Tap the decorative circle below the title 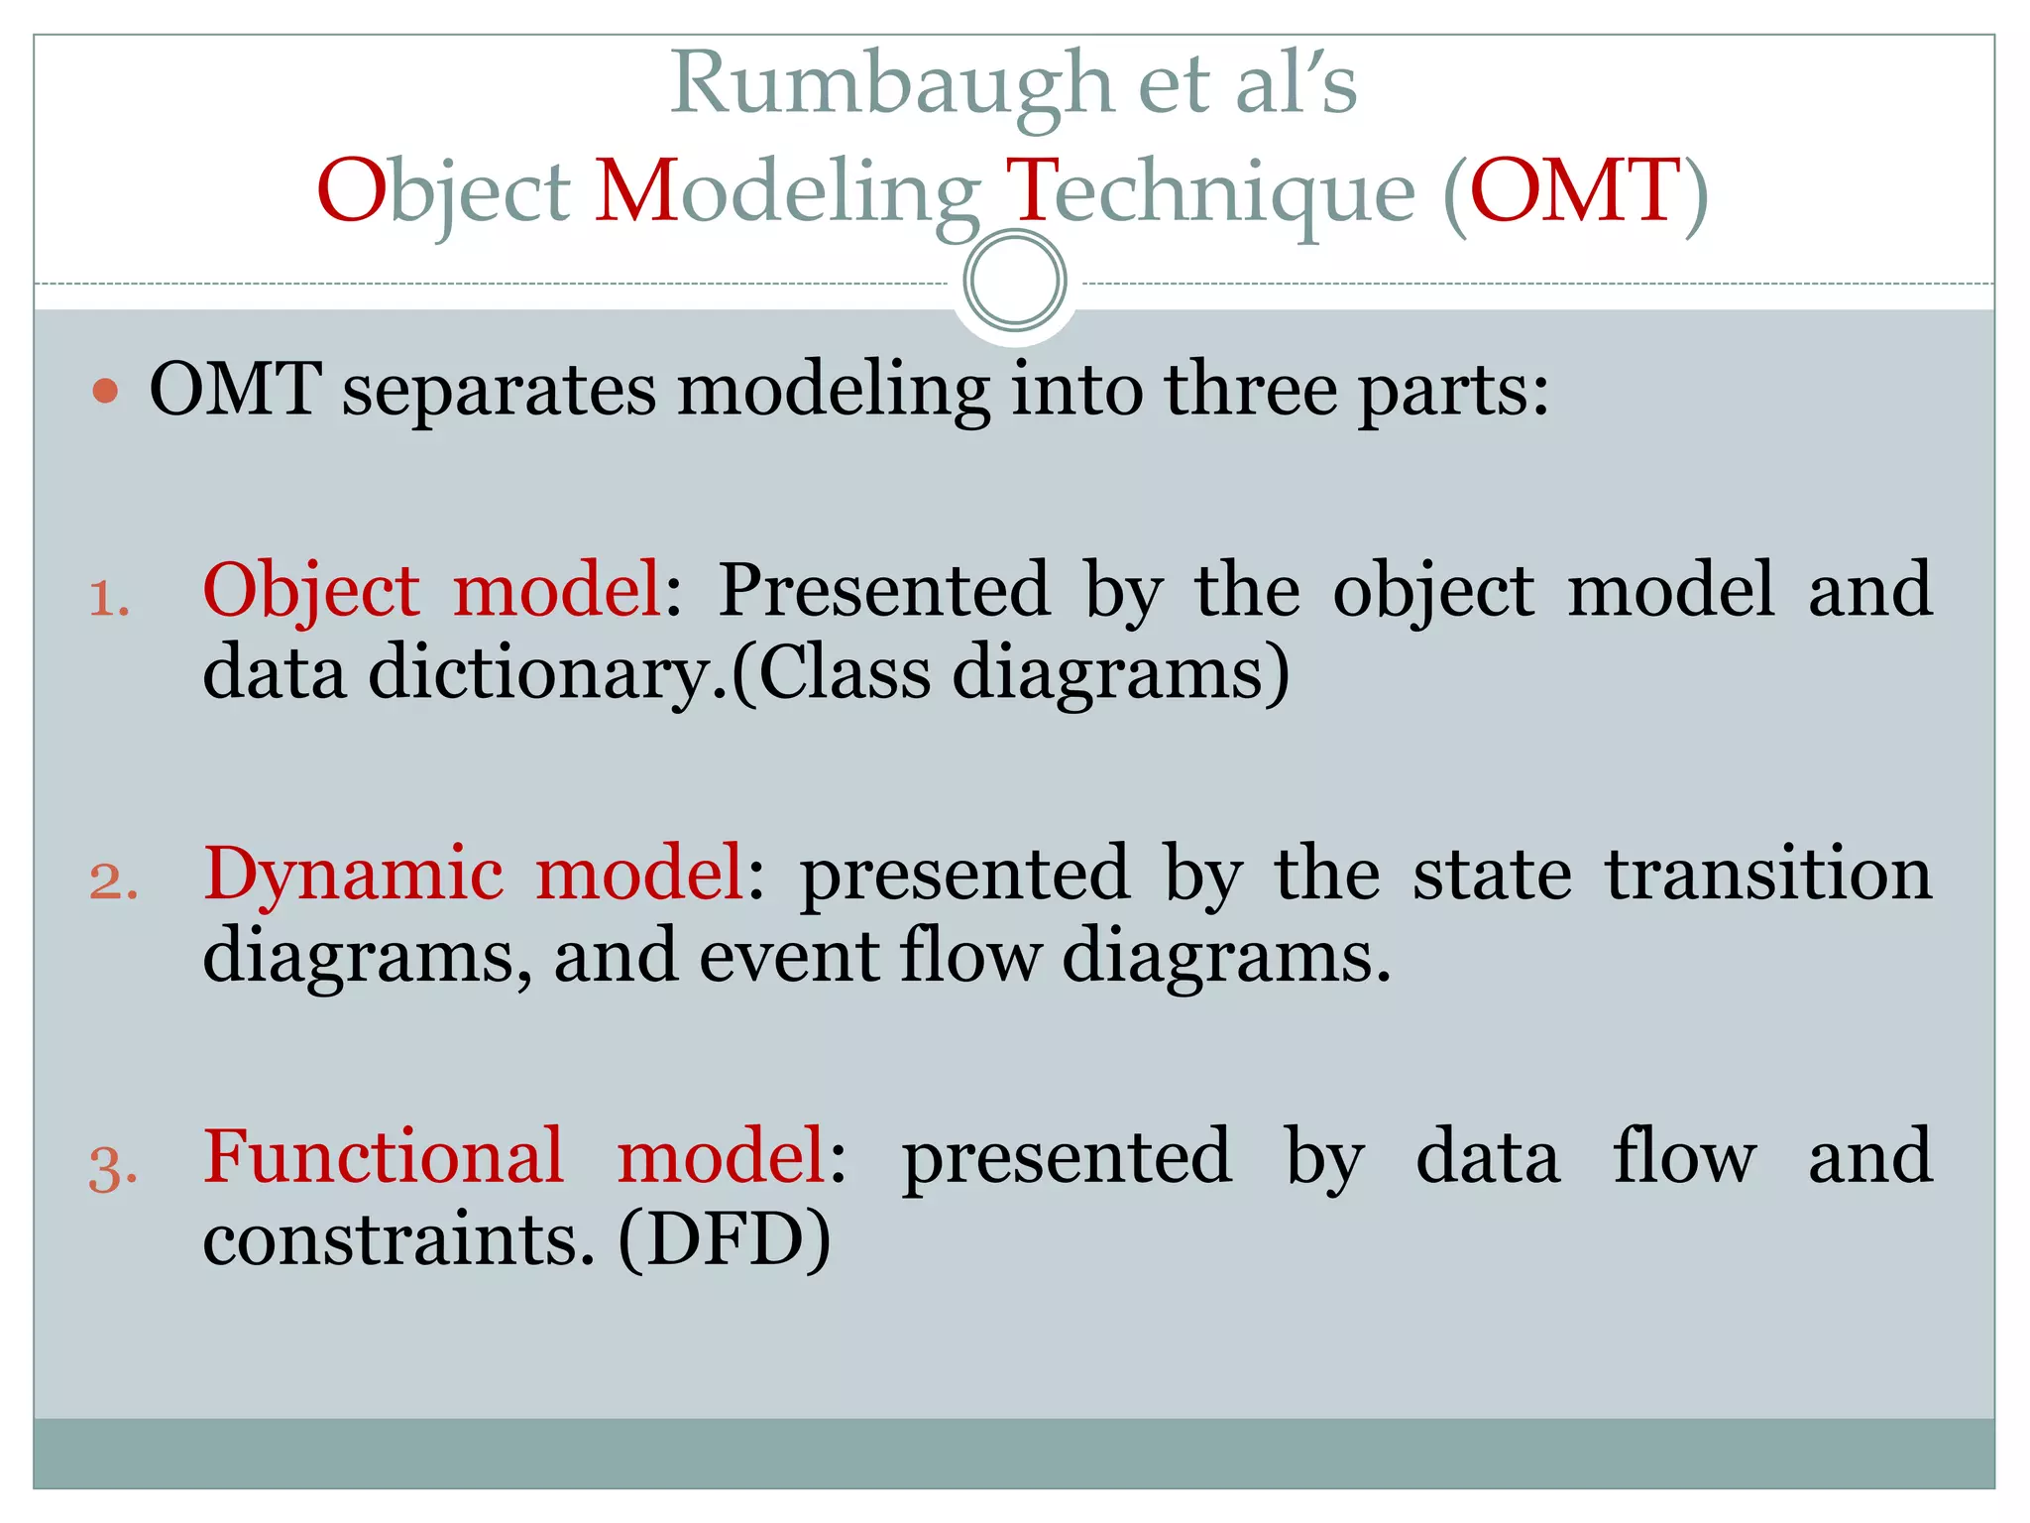1015,281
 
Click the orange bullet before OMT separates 105,391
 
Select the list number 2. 113,881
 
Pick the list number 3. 113,1167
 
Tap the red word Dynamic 353,875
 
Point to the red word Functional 384,1157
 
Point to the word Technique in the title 1210,191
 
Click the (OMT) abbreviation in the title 1576,191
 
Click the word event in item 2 789,957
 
